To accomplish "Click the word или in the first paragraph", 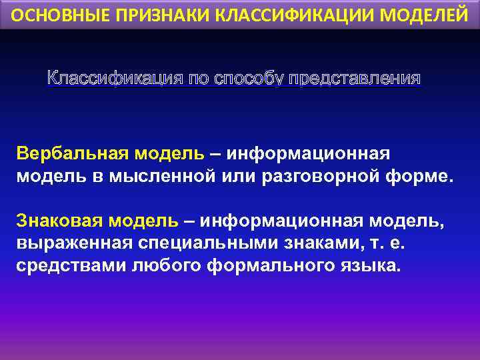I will [x=229, y=177].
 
